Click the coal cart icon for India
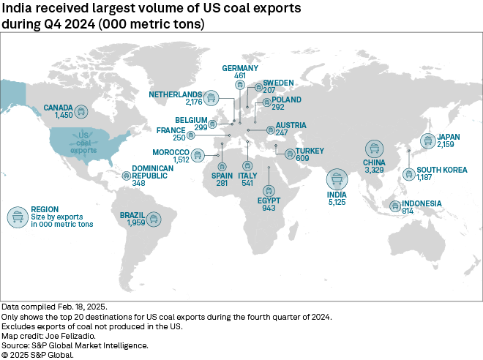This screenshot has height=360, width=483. pyautogui.click(x=337, y=178)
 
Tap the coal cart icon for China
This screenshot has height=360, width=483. pyautogui.click(x=374, y=149)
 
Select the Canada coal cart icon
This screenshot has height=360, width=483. pyautogui.click(x=81, y=112)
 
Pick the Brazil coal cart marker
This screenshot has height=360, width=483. pyautogui.click(x=154, y=218)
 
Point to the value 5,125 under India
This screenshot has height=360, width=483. pyautogui.click(x=337, y=203)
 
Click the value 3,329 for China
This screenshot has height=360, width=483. pyautogui.click(x=374, y=171)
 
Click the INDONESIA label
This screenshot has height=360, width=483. pyautogui.click(x=421, y=203)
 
